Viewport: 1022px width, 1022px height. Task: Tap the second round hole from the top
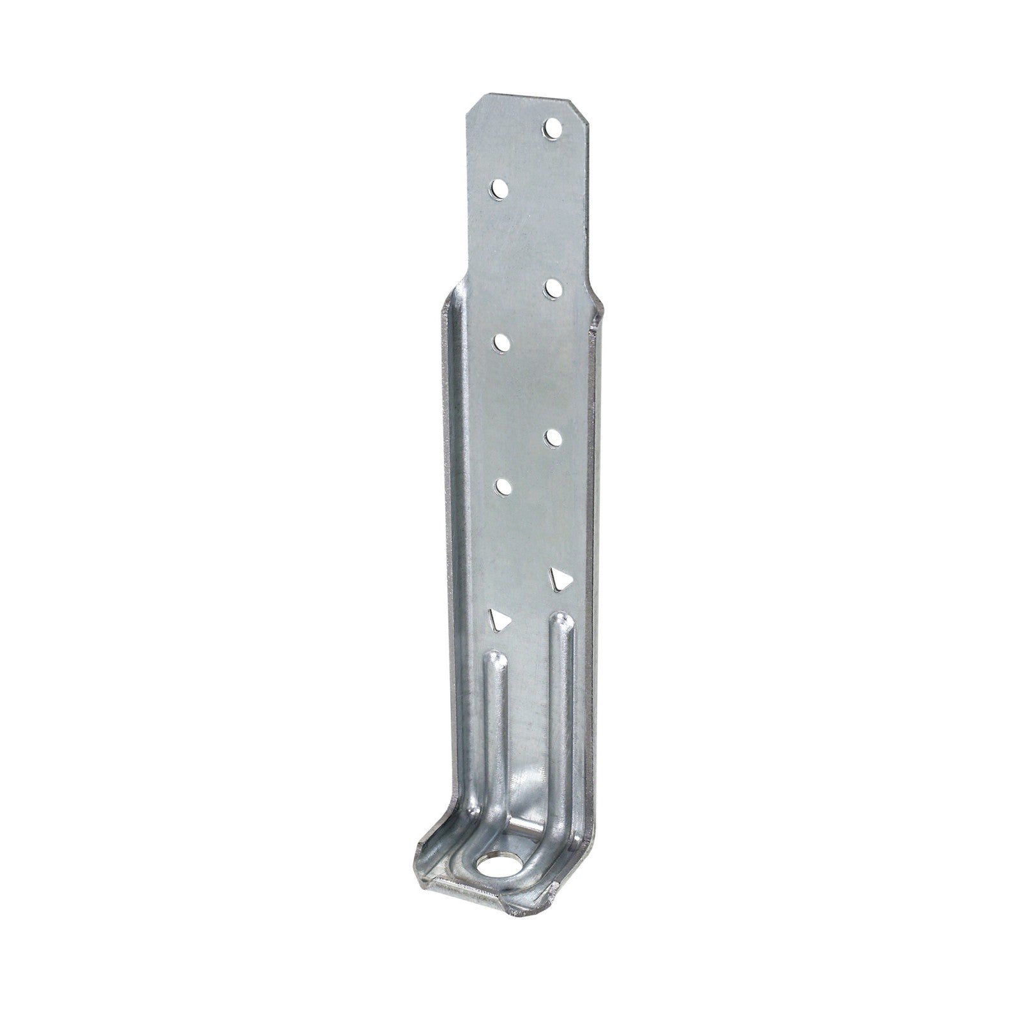coord(499,190)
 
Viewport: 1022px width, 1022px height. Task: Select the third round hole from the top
coord(552,289)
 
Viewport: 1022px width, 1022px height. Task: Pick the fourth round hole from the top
coord(503,342)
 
